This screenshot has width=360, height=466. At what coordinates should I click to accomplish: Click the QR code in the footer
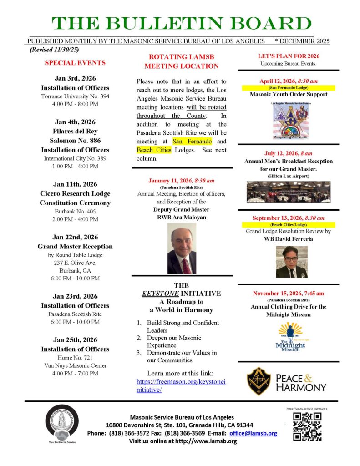307,426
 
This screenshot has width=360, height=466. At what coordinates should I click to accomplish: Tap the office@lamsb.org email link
253,433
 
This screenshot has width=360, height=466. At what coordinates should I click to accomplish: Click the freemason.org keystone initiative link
181,385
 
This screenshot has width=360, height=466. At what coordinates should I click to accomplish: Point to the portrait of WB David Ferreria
289,262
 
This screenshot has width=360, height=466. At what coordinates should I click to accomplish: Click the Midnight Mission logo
290,337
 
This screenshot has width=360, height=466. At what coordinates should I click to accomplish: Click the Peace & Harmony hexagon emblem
259,381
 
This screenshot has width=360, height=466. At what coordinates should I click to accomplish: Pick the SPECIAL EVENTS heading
76,63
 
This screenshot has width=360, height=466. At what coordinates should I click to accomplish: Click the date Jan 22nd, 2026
76,237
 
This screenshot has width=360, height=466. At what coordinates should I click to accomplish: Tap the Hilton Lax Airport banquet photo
289,192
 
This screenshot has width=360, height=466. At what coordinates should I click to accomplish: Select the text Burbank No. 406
76,211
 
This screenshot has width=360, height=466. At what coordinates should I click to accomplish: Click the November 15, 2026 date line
289,293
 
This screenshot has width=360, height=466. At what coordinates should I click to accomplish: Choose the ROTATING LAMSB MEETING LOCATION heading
181,61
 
